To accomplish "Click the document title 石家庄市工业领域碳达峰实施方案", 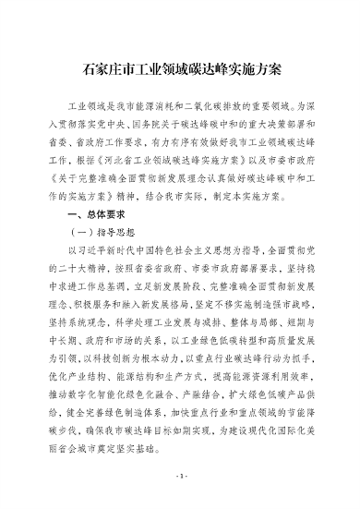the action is click(181, 68).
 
